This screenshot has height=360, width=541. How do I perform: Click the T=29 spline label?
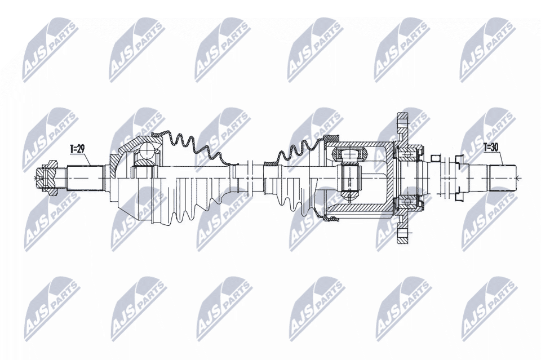point(77,149)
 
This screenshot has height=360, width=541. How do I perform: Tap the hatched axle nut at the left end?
point(48,178)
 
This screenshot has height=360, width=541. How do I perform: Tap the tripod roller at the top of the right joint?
point(349,154)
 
